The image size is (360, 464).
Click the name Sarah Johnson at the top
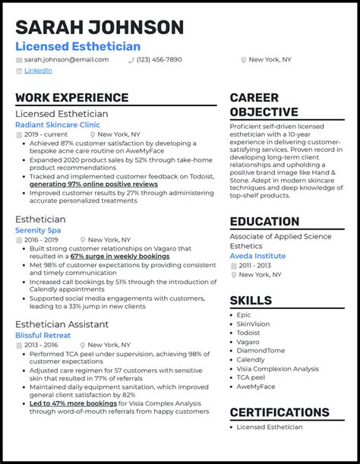pos(99,27)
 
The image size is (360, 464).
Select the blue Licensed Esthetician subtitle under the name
pos(77,46)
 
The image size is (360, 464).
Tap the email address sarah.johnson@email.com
pos(65,59)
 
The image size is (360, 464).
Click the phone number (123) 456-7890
pos(159,59)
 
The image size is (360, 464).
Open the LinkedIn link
pos(38,71)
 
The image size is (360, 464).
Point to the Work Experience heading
pos(71,97)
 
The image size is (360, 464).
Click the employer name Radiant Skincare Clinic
pos(57,124)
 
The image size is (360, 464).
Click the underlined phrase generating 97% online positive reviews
pos(93,184)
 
